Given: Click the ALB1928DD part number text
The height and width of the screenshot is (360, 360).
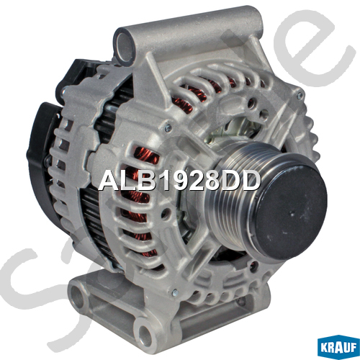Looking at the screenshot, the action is click(x=179, y=181).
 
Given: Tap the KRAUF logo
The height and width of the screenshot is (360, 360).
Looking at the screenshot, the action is click(x=338, y=347).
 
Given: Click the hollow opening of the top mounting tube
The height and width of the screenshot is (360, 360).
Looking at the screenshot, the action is click(x=125, y=46).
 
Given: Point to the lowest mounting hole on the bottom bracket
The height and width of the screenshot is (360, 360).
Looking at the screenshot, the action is click(x=145, y=333).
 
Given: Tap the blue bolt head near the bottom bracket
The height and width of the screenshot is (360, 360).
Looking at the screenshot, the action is click(x=175, y=292).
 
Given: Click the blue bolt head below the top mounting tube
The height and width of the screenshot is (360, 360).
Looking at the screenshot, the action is click(x=168, y=128).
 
